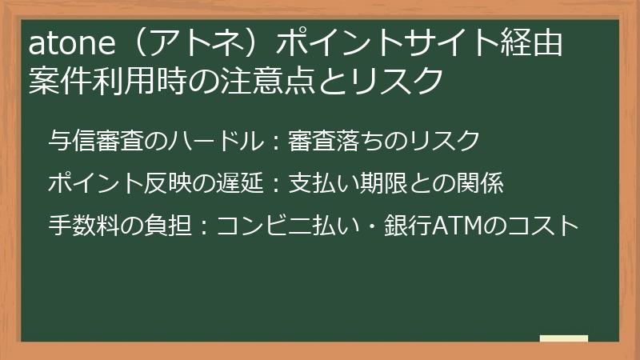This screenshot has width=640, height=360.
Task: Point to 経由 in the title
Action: click(x=535, y=43)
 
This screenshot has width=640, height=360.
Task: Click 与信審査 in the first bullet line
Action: click(x=95, y=142)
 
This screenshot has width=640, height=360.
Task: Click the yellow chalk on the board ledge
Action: click(x=563, y=338)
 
